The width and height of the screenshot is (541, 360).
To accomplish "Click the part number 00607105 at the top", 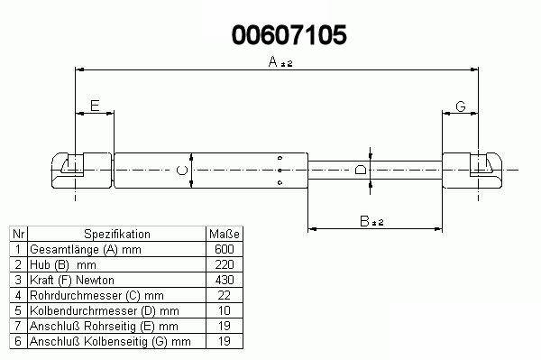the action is coord(289,35).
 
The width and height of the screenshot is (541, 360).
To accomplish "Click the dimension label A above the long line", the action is coord(273,61).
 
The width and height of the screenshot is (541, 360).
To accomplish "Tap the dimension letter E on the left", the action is coord(95,106).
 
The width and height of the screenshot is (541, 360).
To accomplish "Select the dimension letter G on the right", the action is coord(461,106).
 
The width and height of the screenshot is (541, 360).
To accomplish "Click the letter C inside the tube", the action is coord(182,171).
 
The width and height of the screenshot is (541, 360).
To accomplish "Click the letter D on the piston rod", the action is coord(361,170).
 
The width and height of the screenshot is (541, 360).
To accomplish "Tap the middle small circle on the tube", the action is coord(280,171).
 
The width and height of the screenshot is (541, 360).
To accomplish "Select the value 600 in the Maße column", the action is coord(225,249).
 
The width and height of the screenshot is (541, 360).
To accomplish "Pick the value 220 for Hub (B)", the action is coord(225,264).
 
